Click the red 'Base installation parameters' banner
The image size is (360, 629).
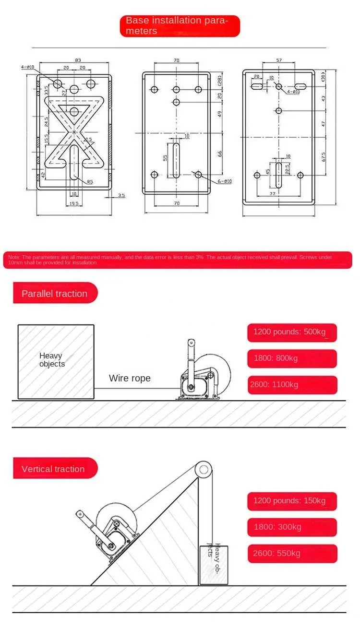[x=180, y=26]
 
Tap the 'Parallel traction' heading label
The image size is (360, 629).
[x=55, y=294]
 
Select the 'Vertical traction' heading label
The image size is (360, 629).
[x=53, y=469]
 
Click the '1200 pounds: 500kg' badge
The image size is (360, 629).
[x=292, y=332]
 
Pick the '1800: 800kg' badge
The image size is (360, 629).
[x=292, y=358]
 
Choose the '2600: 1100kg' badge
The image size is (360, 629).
[x=292, y=385]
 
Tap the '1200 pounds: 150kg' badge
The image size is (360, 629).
[x=292, y=501]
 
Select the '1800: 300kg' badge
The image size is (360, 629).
[x=292, y=527]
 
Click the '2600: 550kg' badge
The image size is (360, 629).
[x=292, y=553]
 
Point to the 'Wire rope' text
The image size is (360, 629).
[x=130, y=379]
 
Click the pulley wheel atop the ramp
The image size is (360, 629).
[x=204, y=468]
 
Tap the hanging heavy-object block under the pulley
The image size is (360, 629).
[x=214, y=565]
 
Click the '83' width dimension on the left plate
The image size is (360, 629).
[x=78, y=60]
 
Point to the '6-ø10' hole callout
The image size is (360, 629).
[x=225, y=181]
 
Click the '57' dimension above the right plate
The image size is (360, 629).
[x=279, y=61]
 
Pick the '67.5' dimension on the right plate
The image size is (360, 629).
[x=324, y=157]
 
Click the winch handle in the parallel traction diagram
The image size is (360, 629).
[x=191, y=357]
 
